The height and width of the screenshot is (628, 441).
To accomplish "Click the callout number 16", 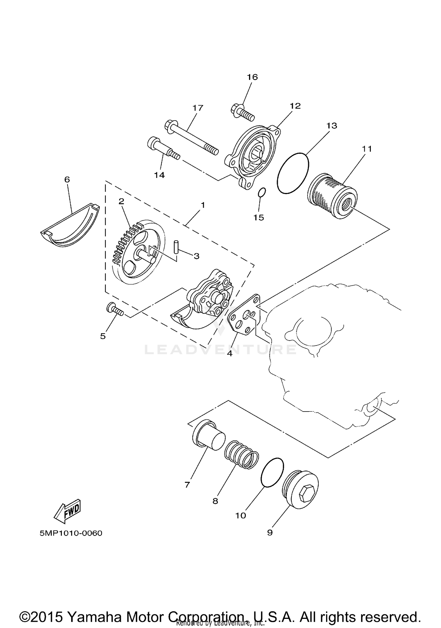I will click(x=252, y=77).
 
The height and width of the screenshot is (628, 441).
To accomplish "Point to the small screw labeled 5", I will click(x=115, y=310).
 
